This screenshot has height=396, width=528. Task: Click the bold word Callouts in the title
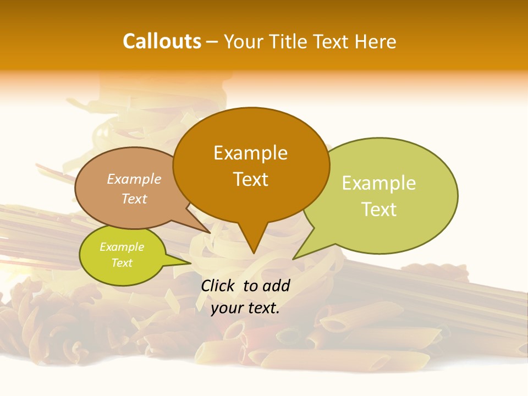(162, 41)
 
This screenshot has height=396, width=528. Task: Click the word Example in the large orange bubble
(250, 153)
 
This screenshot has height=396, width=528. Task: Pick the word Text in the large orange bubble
(250, 179)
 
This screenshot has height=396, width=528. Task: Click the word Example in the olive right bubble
(379, 183)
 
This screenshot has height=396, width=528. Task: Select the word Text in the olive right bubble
(379, 210)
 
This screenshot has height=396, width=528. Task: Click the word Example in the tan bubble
(134, 179)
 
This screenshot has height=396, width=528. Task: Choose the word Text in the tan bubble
(134, 199)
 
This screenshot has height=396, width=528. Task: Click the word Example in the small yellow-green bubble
(122, 247)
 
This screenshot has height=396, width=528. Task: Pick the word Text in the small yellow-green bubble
(122, 263)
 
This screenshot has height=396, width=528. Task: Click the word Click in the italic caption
(219, 285)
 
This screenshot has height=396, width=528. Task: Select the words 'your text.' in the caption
(245, 309)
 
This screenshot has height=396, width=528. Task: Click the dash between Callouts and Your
(212, 42)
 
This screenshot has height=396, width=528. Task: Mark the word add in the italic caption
(276, 285)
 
